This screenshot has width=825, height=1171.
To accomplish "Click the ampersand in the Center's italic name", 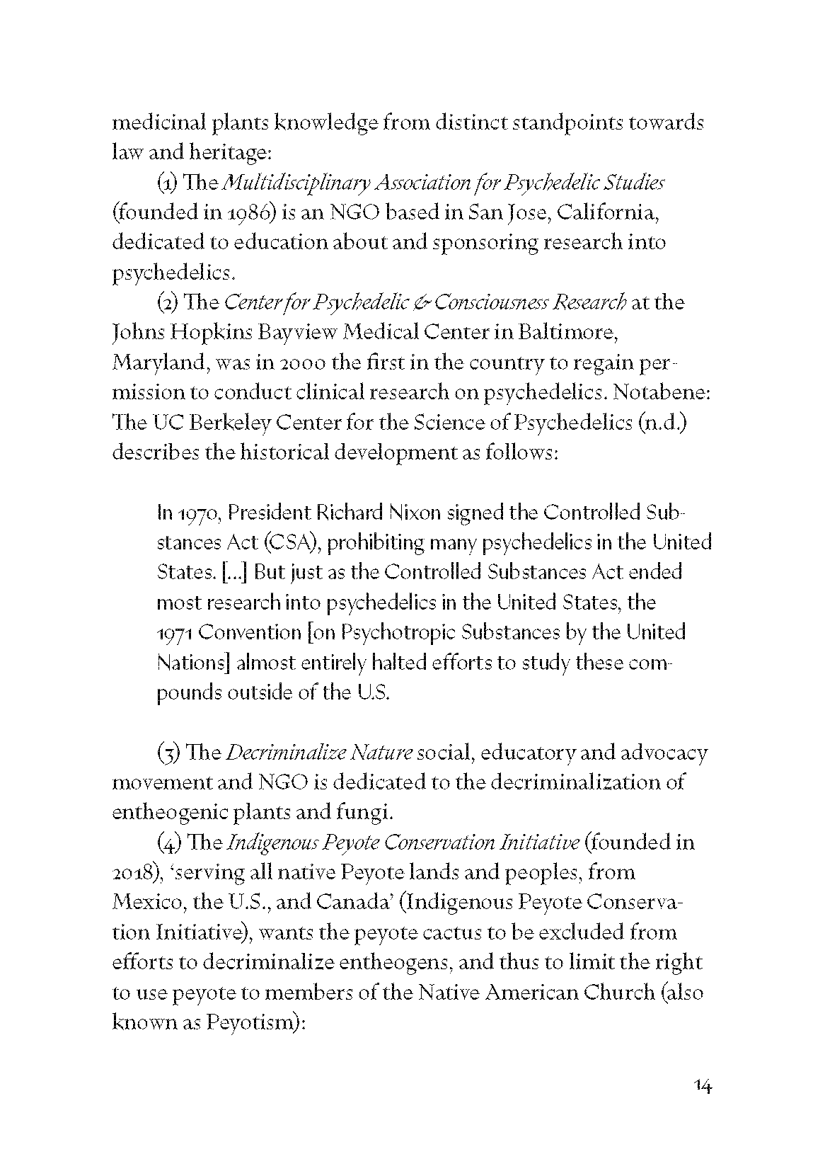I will [420, 303].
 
